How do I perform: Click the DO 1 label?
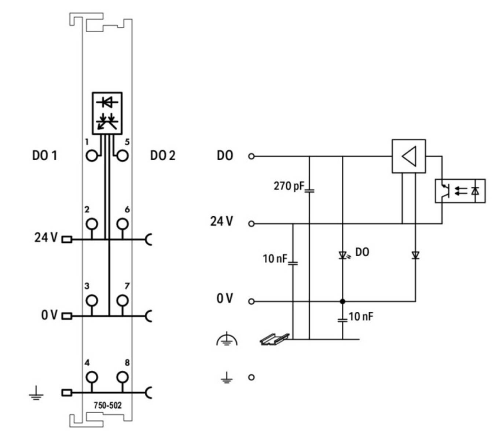(x=44, y=155)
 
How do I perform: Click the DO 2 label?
(x=162, y=155)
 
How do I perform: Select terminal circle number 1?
(x=92, y=156)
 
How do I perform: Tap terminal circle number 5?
(x=122, y=156)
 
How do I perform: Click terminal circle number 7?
(x=122, y=300)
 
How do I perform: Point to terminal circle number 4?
(x=92, y=377)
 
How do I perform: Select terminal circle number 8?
(x=122, y=377)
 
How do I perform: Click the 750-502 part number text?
(x=107, y=405)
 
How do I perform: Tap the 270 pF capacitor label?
(x=289, y=186)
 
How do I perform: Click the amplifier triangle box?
(x=409, y=156)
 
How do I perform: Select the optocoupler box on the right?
(x=460, y=191)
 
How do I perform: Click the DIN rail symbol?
(x=274, y=339)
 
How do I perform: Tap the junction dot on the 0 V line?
(x=342, y=301)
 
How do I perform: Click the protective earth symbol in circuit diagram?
(x=227, y=340)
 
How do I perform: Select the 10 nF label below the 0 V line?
(x=361, y=316)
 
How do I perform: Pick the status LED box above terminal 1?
(x=107, y=113)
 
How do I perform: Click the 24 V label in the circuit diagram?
(x=221, y=221)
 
